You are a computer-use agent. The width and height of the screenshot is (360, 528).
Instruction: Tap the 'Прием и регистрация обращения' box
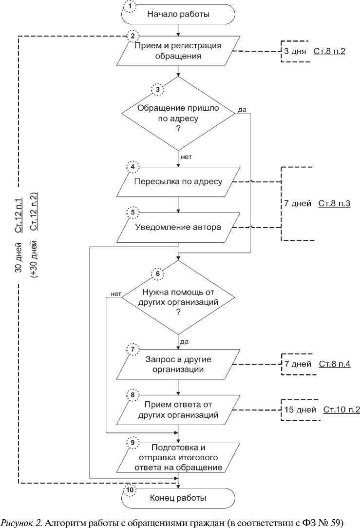pos(179,51)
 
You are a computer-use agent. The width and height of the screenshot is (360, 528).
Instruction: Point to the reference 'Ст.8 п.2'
pos(329,51)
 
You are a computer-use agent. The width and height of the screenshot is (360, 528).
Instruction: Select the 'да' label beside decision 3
pos(242,109)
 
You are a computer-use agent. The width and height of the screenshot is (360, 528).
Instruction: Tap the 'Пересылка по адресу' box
pos(179,182)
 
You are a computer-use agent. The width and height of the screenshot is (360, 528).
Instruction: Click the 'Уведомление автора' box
pos(179,227)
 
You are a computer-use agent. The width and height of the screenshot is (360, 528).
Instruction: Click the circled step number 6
pos(157,274)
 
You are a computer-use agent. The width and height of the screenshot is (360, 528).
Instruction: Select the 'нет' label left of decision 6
pos(116,293)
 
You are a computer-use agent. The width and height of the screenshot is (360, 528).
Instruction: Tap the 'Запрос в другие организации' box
pos(179,364)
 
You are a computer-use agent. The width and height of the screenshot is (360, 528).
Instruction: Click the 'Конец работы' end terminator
pos(178,498)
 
